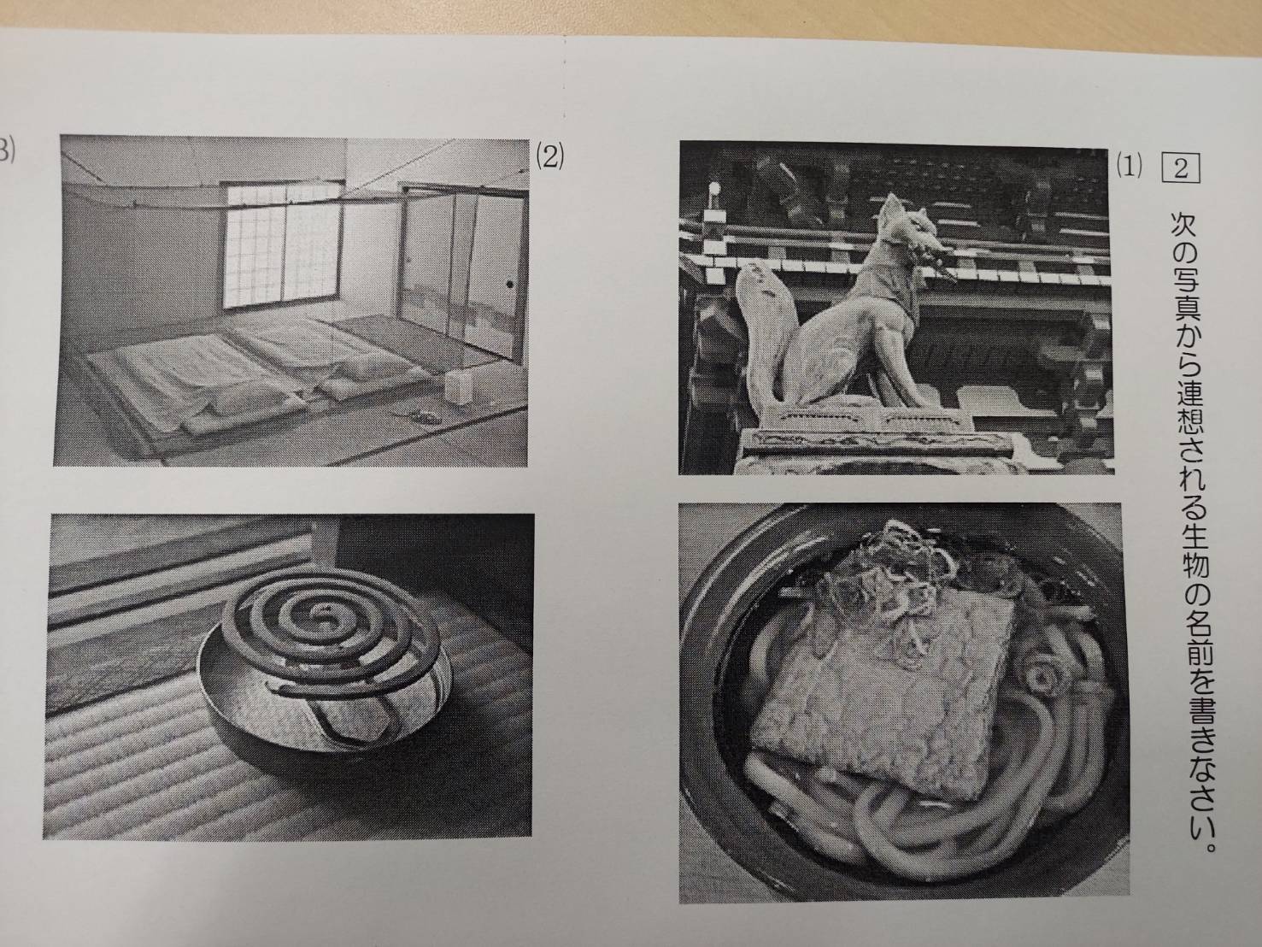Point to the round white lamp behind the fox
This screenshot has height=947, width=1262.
pyautogui.click(x=714, y=188)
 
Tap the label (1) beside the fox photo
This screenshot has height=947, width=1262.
pyautogui.click(x=1129, y=168)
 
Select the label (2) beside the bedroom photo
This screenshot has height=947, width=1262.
pyautogui.click(x=549, y=157)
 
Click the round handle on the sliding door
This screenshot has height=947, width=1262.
pyautogui.click(x=509, y=284)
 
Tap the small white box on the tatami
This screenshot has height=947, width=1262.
pyautogui.click(x=459, y=386)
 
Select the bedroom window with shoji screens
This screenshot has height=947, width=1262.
pyautogui.click(x=282, y=244)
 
